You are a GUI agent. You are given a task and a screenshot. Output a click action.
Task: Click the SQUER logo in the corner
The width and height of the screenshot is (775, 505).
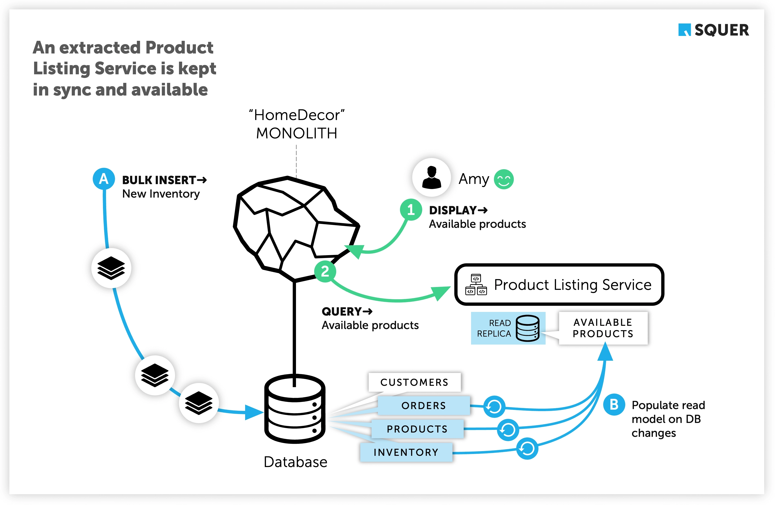713,30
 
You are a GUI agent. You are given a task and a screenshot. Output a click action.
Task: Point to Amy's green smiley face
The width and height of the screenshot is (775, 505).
504,179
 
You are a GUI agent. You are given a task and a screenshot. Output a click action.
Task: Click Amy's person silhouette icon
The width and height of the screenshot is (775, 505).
431,178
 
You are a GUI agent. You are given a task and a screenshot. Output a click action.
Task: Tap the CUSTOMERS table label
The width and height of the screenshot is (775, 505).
414,382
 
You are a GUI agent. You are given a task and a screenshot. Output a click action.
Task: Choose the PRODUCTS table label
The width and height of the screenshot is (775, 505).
417,429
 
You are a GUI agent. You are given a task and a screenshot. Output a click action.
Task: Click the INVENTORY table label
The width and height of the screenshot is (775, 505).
406,452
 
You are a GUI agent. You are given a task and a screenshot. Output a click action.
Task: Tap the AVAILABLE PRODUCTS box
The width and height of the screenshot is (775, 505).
603,328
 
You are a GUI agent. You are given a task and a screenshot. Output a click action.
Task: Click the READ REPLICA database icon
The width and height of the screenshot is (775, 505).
527,328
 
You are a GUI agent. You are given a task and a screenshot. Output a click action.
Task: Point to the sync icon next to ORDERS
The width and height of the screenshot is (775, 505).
494,406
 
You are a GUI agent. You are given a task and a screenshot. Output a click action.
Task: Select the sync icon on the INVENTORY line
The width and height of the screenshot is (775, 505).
527,449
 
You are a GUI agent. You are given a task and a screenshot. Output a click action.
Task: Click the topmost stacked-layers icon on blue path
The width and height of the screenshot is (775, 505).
111,268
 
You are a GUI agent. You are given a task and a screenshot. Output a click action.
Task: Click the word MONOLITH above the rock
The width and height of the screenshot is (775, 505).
296,133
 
